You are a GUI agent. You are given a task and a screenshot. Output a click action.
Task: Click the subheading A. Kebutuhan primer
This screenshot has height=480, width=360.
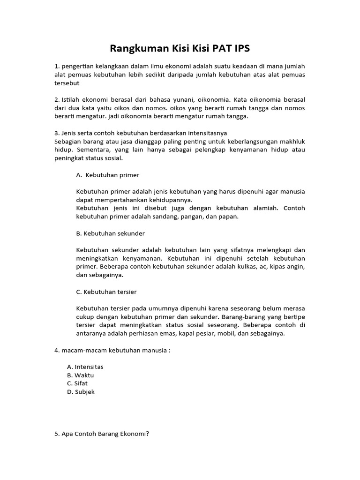click(107, 175)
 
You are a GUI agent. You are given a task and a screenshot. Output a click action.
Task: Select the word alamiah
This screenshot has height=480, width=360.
click(260, 208)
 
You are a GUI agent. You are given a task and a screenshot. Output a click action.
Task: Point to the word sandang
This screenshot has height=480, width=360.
click(173, 217)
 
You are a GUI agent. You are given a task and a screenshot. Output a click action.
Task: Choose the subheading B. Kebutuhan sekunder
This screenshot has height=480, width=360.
click(110, 233)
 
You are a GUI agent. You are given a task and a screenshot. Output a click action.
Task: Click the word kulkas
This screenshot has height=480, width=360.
click(243, 267)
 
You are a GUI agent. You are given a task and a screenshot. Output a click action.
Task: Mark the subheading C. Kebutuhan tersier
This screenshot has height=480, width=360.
click(106, 292)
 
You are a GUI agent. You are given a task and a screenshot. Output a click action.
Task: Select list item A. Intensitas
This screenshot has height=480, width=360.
click(85, 367)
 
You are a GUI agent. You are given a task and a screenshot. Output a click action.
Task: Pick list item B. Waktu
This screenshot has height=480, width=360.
click(81, 375)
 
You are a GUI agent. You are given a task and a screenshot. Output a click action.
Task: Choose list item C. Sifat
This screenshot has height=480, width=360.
click(77, 383)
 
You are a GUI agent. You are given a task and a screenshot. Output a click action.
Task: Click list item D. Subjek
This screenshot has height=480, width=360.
click(81, 391)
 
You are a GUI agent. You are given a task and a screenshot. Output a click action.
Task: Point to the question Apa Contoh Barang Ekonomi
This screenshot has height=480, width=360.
click(102, 434)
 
